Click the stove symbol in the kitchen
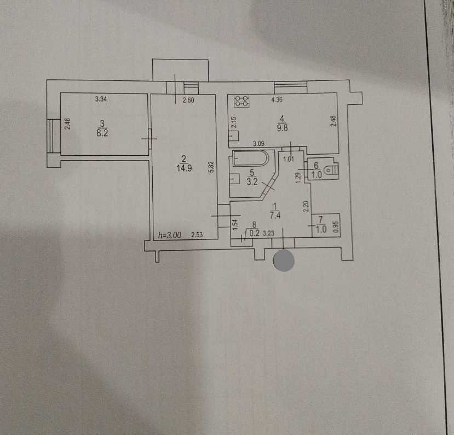[242, 101]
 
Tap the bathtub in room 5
[251, 158]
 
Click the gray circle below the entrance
[284, 260]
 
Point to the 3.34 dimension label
[101, 99]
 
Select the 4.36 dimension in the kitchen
[278, 99]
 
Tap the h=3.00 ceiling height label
[169, 235]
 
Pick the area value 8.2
[101, 132]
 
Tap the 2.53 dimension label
[197, 235]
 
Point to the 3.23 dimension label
[269, 233]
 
